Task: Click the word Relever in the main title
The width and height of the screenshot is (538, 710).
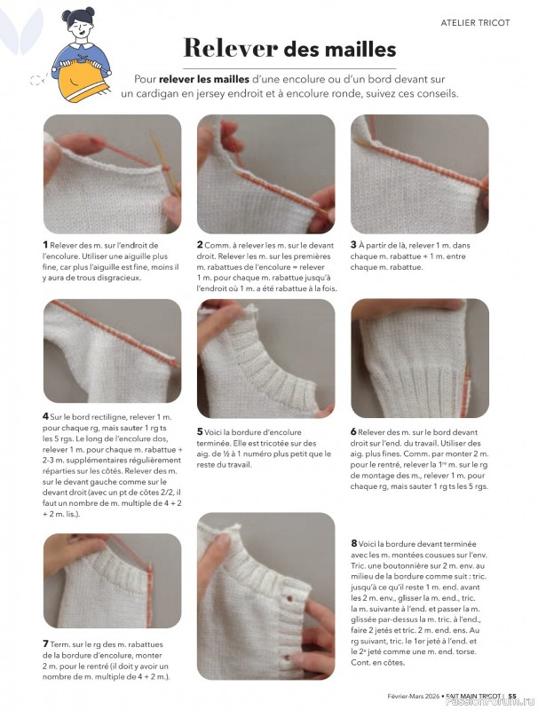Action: click(x=219, y=48)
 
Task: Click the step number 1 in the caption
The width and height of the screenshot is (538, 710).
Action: click(x=45, y=244)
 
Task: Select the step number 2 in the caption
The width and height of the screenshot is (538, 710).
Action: click(x=200, y=244)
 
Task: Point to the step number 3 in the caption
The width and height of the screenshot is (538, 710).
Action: click(x=353, y=244)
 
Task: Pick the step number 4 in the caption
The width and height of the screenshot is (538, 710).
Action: click(x=45, y=416)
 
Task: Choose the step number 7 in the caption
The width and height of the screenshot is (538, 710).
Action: click(x=45, y=643)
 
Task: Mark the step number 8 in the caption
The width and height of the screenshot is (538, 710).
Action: click(x=353, y=543)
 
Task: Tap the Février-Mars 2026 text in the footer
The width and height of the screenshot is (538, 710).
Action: click(x=416, y=695)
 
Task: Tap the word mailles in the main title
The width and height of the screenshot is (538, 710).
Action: click(x=352, y=48)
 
